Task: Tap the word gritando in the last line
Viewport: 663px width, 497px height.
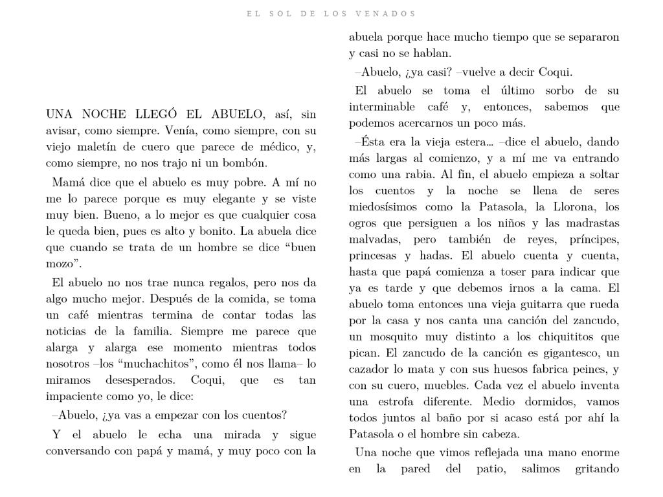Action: click(597, 469)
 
